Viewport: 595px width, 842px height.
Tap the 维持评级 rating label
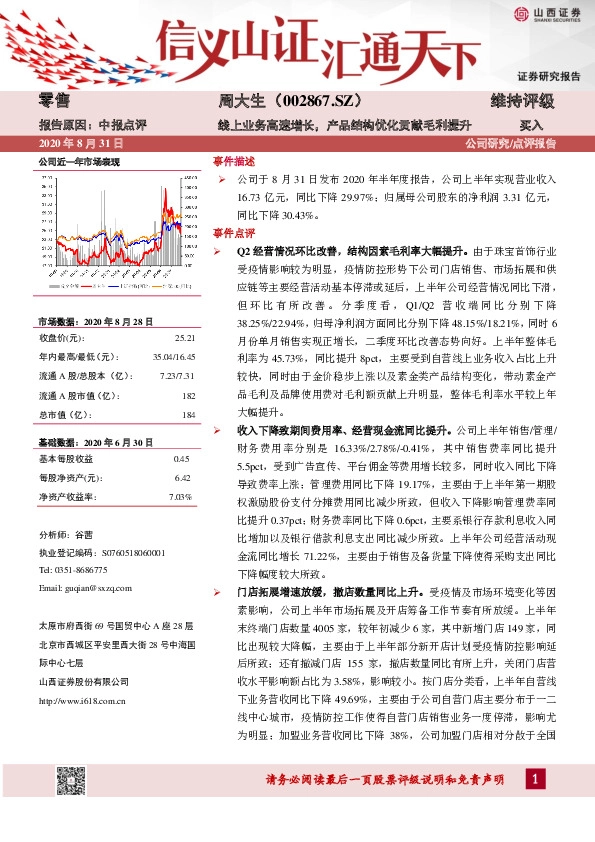[x=521, y=102]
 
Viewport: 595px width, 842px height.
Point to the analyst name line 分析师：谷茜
[x=65, y=537]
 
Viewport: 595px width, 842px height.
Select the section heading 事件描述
[x=235, y=160]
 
